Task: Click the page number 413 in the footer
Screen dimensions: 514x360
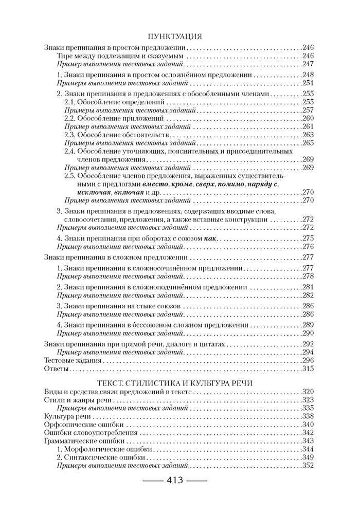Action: tap(174, 482)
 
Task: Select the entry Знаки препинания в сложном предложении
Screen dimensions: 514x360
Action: tap(115, 257)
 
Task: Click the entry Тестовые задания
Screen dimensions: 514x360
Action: tap(73, 360)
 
